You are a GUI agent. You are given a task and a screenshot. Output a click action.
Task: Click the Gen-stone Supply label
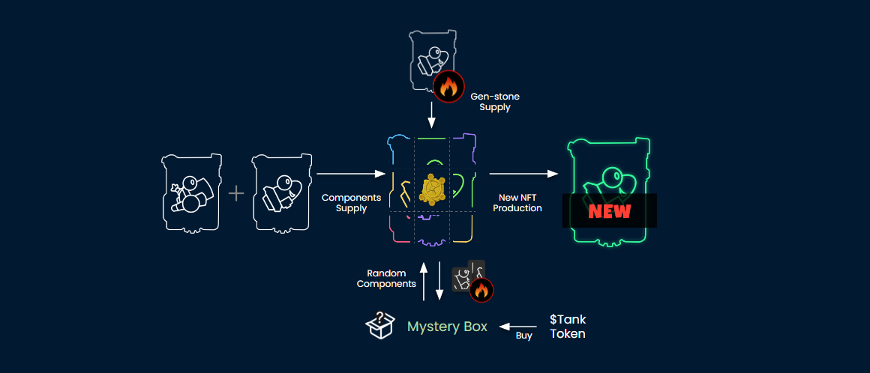coord(494,102)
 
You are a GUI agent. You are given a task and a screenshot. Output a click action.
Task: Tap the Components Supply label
coord(351,203)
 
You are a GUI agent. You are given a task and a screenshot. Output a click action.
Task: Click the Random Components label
coord(386,279)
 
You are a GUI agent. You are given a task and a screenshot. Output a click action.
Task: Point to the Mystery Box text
coord(447,327)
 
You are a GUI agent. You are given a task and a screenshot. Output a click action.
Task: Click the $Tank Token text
coord(568,327)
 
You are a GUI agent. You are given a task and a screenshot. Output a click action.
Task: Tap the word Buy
coord(523,336)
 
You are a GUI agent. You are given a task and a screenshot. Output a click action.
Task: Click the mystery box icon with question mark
coord(380,326)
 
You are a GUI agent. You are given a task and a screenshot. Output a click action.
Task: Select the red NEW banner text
coord(609,210)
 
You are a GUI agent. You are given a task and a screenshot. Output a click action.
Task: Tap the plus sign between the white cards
coord(236,193)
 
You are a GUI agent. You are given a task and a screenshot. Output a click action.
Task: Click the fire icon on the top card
coord(448,87)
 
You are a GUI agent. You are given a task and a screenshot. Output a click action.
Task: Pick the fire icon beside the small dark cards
coord(481,288)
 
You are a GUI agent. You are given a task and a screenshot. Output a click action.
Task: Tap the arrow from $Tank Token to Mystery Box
coord(518,327)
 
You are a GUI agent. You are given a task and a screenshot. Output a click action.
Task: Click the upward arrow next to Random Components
coord(424,281)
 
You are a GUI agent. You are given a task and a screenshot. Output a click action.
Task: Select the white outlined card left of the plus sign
coord(191,192)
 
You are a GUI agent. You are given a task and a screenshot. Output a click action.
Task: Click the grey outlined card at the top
coord(433,60)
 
